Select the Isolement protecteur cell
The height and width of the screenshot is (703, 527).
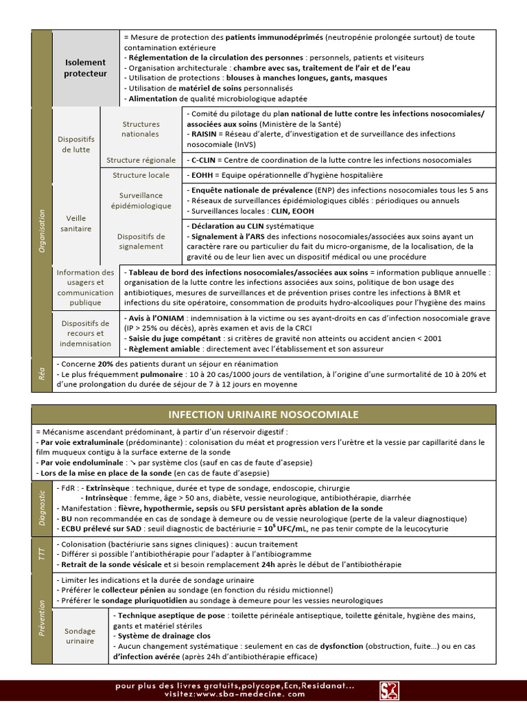click(86, 67)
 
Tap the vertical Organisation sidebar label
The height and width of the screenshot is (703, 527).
click(42, 231)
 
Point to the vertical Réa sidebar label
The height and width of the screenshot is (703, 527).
click(42, 373)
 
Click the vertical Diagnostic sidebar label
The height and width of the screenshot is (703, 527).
click(42, 507)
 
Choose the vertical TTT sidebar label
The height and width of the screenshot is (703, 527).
click(42, 553)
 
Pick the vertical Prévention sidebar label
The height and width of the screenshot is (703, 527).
click(42, 618)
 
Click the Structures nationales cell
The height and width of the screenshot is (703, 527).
click(141, 129)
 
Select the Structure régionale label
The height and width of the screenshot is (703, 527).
click(141, 160)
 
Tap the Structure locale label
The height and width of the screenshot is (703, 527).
click(141, 175)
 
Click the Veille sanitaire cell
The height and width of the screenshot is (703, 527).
click(76, 223)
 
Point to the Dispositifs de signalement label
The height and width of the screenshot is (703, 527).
click(141, 241)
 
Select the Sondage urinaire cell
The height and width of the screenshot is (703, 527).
click(80, 636)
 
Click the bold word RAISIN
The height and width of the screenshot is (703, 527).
click(205, 135)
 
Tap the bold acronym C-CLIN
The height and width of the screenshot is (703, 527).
click(206, 160)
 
